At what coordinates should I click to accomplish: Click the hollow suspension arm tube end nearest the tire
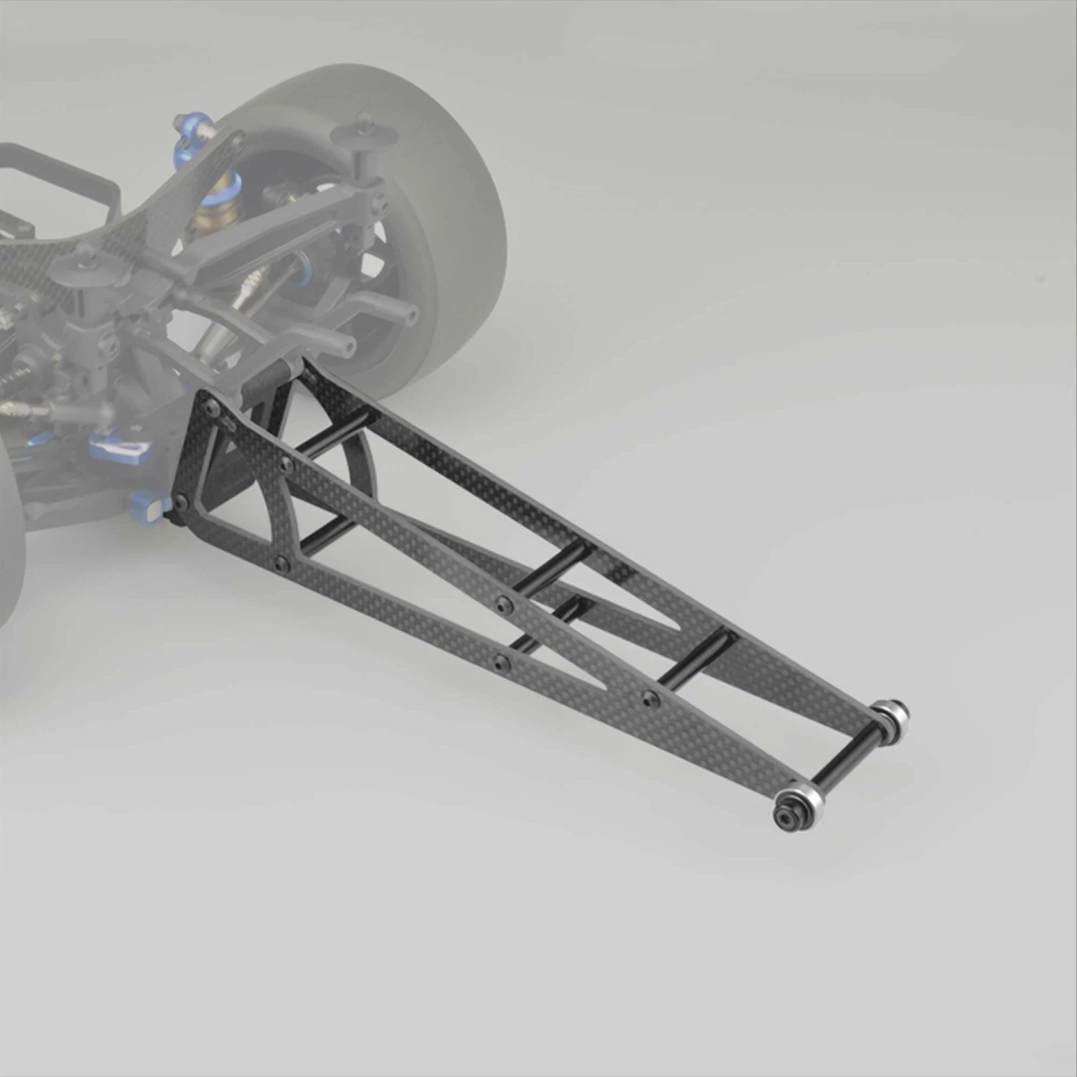point(411,314)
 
